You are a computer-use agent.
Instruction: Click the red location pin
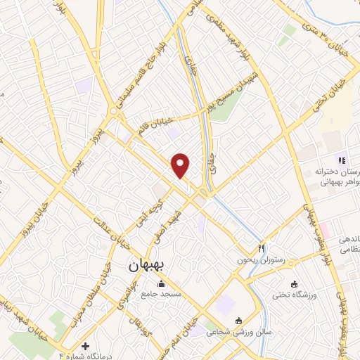(181, 165)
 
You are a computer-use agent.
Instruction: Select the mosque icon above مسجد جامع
(162, 284)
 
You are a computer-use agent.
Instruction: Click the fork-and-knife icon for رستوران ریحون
(261, 247)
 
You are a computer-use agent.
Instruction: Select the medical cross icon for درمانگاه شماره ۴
(86, 346)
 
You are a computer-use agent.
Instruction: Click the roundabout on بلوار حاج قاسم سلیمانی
(113, 111)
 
